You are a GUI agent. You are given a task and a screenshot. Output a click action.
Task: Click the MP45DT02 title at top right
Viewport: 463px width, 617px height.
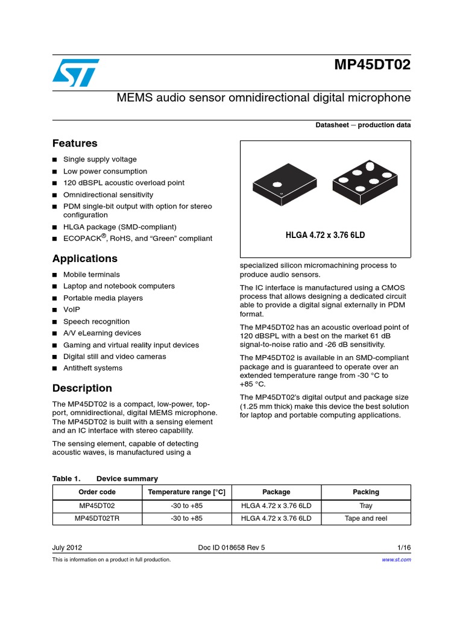pos(372,65)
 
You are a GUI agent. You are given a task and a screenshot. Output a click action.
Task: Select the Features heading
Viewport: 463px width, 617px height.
pos(75,143)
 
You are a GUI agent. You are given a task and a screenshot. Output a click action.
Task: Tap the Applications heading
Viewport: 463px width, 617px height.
pos(85,258)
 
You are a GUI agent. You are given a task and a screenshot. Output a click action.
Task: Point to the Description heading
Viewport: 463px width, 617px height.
pos(82,388)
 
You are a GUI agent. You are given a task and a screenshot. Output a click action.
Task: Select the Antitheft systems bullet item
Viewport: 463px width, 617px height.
pos(93,368)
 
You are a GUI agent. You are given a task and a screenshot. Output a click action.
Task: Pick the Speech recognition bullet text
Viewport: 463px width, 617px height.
pos(96,322)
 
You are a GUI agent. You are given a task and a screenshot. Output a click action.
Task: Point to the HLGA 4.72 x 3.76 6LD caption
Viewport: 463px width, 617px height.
pos(325,235)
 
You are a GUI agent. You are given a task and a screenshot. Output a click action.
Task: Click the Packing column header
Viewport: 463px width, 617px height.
pos(366,492)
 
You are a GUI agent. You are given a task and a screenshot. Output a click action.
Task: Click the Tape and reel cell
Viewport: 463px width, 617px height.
pos(366,518)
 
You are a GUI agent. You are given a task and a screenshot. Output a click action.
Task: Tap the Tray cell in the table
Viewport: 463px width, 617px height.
pos(366,505)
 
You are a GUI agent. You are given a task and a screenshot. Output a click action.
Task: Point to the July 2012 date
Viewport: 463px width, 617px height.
pos(68,548)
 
